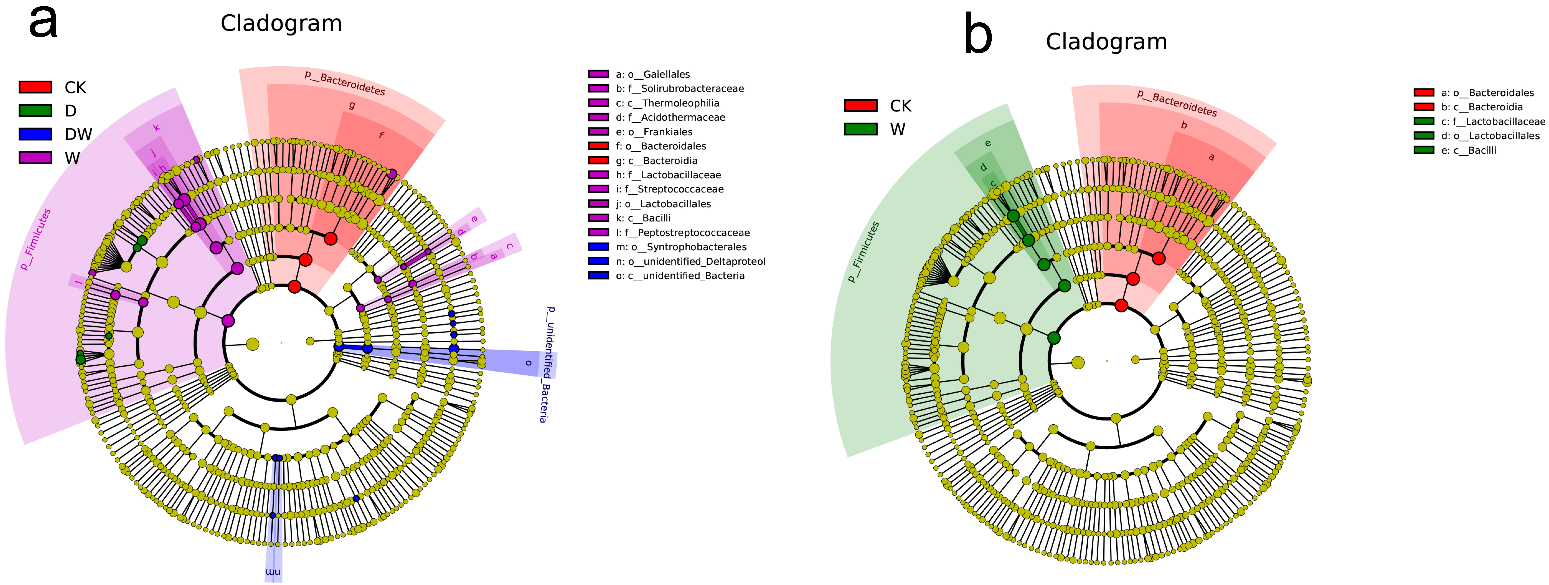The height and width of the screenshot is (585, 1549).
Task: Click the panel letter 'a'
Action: (x=43, y=23)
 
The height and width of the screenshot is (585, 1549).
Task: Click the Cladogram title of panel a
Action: (x=281, y=23)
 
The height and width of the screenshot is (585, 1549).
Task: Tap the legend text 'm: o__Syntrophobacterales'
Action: (x=681, y=247)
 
